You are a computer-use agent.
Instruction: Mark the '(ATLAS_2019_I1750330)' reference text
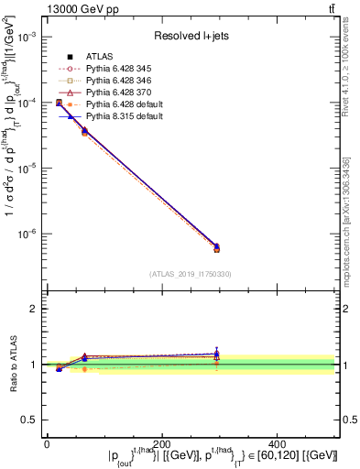click(x=190, y=274)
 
